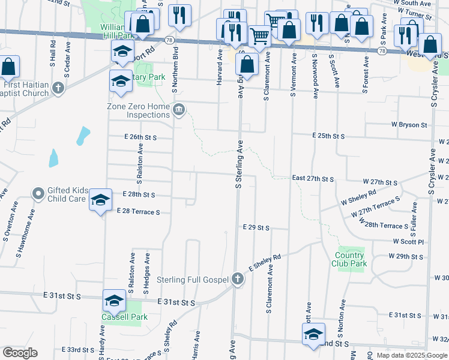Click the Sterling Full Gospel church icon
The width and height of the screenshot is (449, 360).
tap(238, 279)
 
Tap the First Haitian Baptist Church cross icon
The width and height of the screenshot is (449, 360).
tap(58, 89)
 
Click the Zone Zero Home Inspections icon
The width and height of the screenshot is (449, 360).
tap(179, 109)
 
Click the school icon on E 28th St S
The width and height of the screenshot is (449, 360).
tap(100, 200)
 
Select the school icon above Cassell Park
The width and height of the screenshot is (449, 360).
tap(114, 300)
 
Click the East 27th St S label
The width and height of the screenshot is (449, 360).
tap(312, 179)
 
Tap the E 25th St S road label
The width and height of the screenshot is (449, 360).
tap(328, 136)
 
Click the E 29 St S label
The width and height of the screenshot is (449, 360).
tap(256, 227)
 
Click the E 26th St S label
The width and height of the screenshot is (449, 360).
tap(140, 137)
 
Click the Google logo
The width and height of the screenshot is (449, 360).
tap(20, 353)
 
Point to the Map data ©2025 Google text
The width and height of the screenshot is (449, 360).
tap(411, 355)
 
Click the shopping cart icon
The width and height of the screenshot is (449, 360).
tap(259, 35)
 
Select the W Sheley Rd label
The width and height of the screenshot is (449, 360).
tap(358, 197)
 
